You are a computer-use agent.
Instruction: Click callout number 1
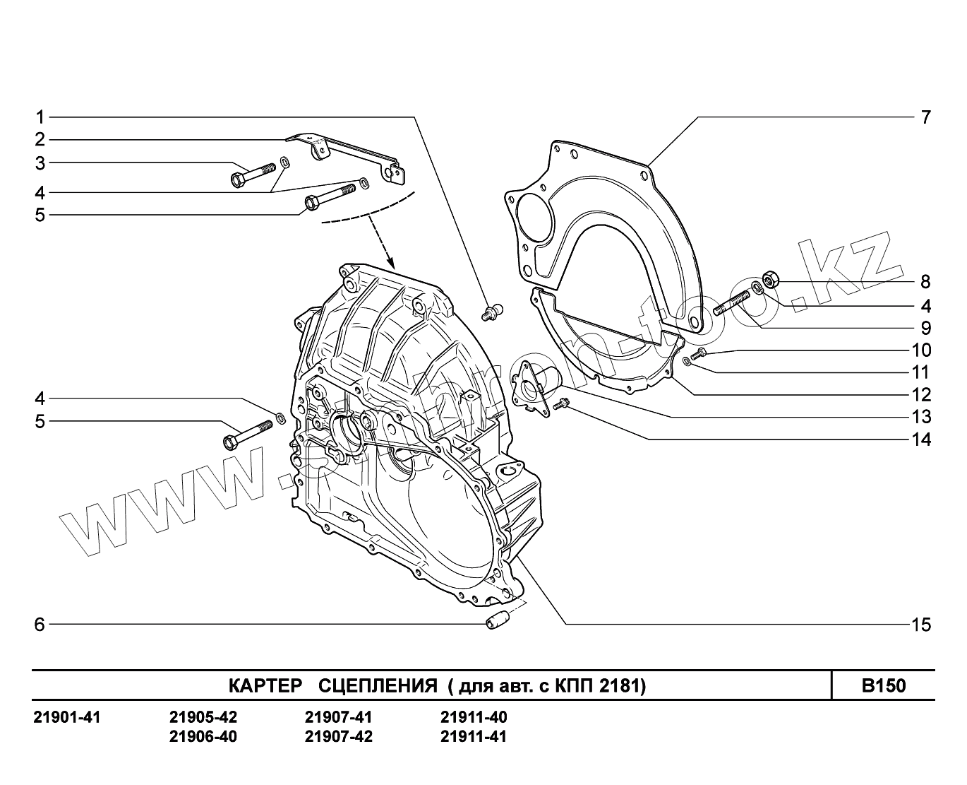tap(40, 117)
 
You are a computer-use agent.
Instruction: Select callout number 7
tap(925, 117)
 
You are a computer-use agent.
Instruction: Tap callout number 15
tap(921, 625)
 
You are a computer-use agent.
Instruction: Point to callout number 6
tap(40, 625)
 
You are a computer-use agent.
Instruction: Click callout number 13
tap(921, 417)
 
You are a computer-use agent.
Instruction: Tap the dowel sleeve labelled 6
tap(497, 622)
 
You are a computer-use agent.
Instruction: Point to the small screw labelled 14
tap(563, 404)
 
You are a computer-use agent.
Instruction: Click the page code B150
tap(883, 685)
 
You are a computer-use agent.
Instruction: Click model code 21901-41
tap(68, 718)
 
